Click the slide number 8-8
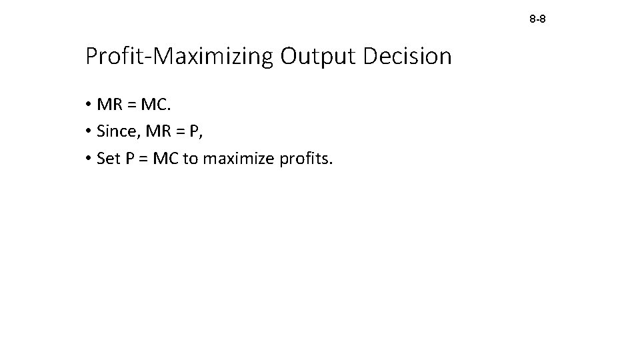click(537, 19)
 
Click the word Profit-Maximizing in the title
click(179, 57)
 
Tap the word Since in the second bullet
click(115, 131)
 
